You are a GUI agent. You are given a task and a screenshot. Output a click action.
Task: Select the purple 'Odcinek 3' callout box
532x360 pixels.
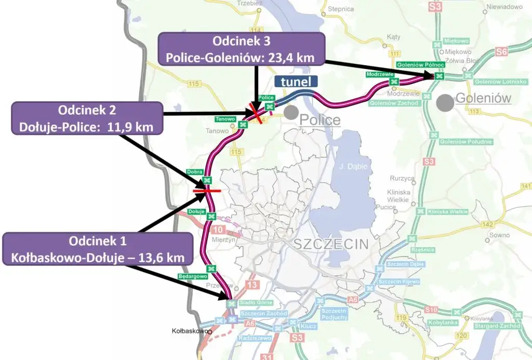click(241, 49)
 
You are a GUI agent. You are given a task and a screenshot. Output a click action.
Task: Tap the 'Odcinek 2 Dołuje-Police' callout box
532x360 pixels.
click(86, 118)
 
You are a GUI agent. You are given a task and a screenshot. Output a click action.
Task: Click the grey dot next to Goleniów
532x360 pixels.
click(445, 102)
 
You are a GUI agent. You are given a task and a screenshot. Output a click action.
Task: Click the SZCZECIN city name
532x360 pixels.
click(330, 244)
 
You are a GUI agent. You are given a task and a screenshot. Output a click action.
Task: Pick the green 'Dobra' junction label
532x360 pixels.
click(194, 171)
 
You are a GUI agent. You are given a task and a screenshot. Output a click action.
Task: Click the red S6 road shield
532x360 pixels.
click(501, 51)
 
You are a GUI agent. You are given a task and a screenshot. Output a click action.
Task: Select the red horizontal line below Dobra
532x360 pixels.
click(206, 191)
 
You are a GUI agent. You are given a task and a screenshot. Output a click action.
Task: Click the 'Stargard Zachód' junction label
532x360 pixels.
click(501, 326)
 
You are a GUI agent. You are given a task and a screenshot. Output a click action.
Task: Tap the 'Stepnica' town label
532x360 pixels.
click(341, 9)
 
